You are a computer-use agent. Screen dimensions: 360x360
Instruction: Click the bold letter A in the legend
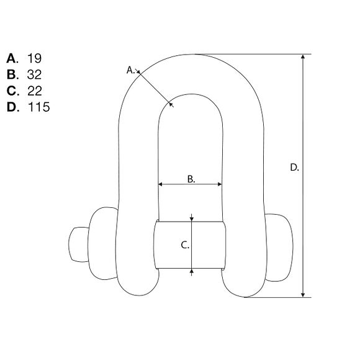pyautogui.click(x=11, y=58)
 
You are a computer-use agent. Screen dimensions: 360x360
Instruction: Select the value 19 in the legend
pyautogui.click(x=34, y=58)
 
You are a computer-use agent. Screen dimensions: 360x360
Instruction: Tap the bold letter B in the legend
pyautogui.click(x=11, y=74)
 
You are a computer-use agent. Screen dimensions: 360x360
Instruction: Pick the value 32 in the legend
pyautogui.click(x=34, y=74)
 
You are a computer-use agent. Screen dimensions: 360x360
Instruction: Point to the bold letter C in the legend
pyautogui.click(x=11, y=91)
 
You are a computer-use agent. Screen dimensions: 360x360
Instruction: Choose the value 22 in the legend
pyautogui.click(x=35, y=91)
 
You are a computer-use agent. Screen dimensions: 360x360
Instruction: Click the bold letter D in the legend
pyautogui.click(x=12, y=107)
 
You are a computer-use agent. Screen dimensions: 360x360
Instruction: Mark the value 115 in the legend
pyautogui.click(x=39, y=107)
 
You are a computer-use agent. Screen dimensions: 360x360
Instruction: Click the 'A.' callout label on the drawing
pyautogui.click(x=130, y=70)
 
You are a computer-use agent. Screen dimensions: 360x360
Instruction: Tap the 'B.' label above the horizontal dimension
pyautogui.click(x=191, y=179)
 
